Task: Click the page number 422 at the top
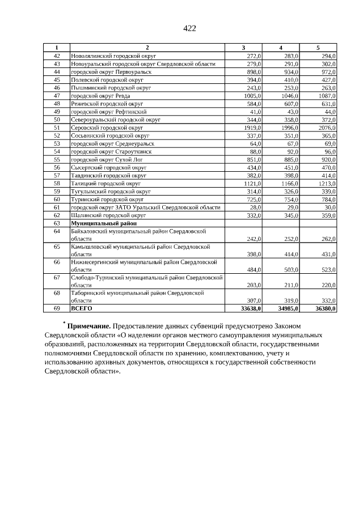point(189,28)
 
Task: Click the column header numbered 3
point(243,48)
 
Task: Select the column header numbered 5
point(318,48)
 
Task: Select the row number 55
point(57,160)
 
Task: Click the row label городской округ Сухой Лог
point(103,160)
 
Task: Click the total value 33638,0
point(250,308)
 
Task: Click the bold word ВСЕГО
point(81,308)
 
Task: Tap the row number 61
point(57,207)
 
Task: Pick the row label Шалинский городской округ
point(104,215)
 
